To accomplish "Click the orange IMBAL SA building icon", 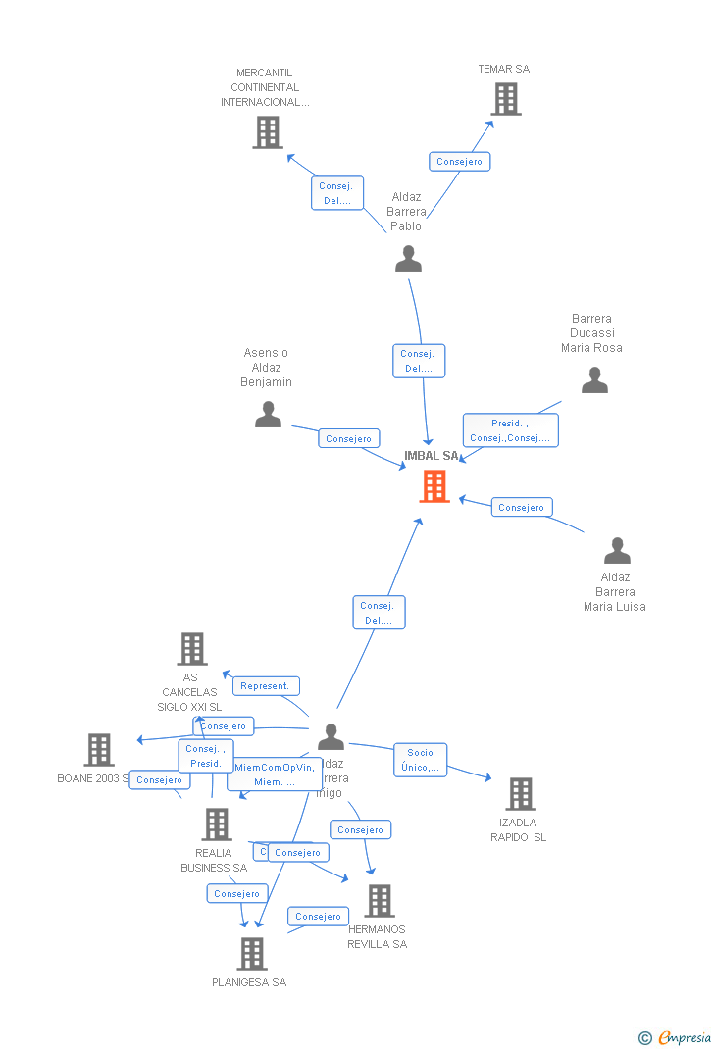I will (433, 486).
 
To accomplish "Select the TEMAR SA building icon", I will (505, 99).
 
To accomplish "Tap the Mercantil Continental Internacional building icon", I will (267, 132).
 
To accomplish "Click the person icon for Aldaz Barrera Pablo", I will (408, 259).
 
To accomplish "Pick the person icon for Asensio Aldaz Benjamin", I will (268, 415).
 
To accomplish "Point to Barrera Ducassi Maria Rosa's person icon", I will (594, 380).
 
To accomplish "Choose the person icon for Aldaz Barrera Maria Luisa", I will (617, 551).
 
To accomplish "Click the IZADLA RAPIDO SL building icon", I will (520, 794).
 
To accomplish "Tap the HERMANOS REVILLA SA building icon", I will (379, 901).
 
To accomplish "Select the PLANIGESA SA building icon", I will (252, 954).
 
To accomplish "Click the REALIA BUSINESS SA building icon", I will (216, 824).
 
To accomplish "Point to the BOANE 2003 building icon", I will (99, 750).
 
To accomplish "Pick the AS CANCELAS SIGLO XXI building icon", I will (192, 649).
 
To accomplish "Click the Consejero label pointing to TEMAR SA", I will (459, 162).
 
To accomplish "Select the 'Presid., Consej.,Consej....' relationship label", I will (510, 430).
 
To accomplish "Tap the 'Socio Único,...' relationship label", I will (420, 760).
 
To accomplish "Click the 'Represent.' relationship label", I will (265, 686).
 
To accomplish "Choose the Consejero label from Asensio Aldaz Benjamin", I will (348, 439).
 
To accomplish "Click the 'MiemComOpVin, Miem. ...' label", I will (275, 774).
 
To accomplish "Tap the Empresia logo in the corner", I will (676, 1037).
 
